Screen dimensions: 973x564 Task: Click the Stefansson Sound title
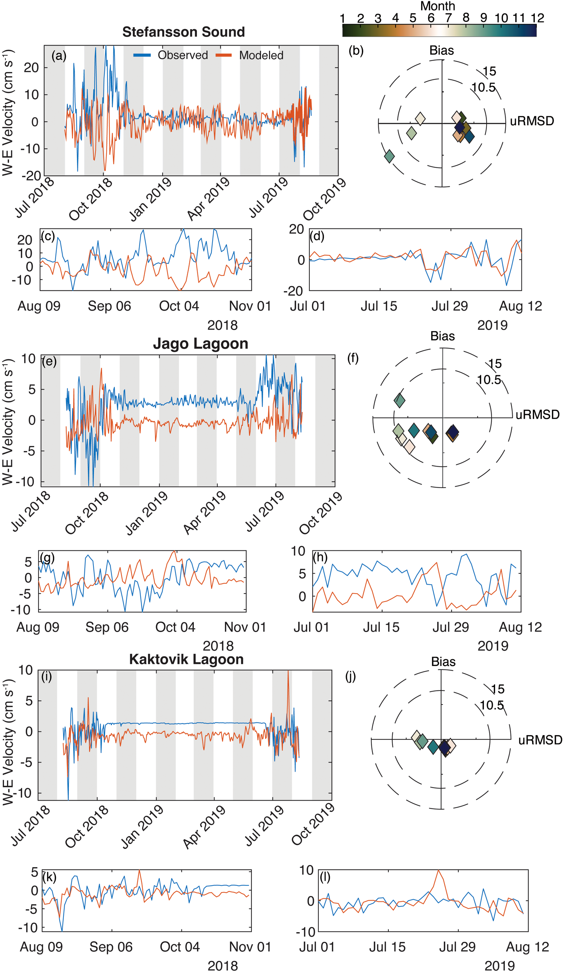(x=183, y=32)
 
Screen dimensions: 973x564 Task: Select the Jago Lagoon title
(x=200, y=344)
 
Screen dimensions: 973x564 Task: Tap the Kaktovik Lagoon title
(x=186, y=659)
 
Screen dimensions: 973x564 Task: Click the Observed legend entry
(x=183, y=55)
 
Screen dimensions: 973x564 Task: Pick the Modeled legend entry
(x=261, y=55)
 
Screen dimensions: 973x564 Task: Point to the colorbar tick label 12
(x=537, y=18)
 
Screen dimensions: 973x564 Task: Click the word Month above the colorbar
(x=438, y=6)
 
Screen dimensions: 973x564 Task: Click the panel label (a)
(x=59, y=56)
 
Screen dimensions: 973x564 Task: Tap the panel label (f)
(x=353, y=358)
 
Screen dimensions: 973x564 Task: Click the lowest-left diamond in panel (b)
(x=389, y=156)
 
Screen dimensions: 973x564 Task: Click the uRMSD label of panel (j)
(x=540, y=740)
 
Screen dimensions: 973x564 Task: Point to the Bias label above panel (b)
(x=441, y=51)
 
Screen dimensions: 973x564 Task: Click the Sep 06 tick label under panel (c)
(x=109, y=306)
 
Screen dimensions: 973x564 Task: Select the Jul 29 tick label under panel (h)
(x=451, y=627)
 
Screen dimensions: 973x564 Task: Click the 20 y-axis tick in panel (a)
(x=31, y=68)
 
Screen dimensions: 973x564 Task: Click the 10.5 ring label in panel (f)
(x=489, y=380)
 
